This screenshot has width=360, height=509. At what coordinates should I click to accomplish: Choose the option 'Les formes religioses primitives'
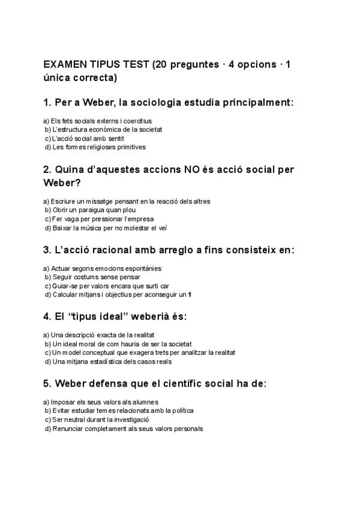tap(95, 146)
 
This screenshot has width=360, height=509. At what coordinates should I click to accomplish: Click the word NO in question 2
tap(194, 169)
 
